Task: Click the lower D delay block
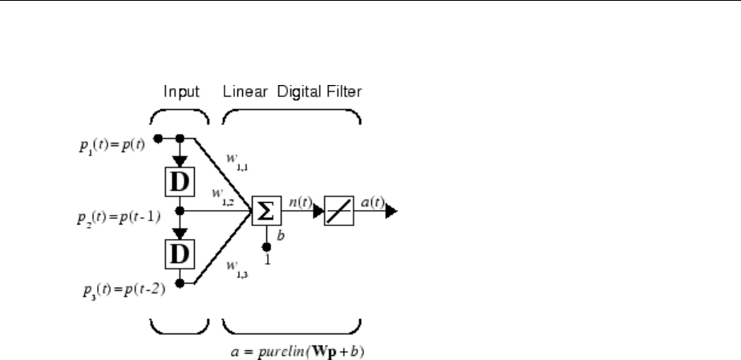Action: coord(179,256)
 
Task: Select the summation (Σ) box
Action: coord(265,212)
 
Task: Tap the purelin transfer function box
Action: coord(338,212)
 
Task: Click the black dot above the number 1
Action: coord(265,245)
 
